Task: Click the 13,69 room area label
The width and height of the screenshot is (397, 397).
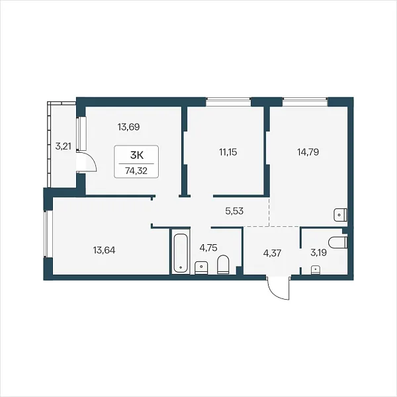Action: pos(128,127)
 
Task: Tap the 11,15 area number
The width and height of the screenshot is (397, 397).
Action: pos(228,152)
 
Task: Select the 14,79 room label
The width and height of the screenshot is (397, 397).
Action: pos(308,152)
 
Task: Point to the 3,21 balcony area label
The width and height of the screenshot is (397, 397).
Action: pos(63,146)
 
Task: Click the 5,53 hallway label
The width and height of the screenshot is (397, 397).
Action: pos(234,210)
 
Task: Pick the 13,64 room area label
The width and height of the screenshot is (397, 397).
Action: pos(104,250)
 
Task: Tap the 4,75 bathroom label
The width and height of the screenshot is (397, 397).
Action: pos(208,247)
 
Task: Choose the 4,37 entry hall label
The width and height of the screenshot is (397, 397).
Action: pos(272,253)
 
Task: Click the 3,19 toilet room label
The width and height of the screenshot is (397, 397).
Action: pos(318,253)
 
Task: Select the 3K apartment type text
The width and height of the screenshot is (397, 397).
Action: pos(137,155)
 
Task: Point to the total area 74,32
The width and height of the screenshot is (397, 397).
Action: pos(136,171)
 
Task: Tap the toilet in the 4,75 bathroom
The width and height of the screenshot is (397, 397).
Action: pos(223,265)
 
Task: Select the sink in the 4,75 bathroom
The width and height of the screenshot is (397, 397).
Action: pos(201,268)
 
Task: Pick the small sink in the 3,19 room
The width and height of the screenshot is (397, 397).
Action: pos(315,270)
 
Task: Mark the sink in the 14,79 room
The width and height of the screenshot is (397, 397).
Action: pos(341,215)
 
